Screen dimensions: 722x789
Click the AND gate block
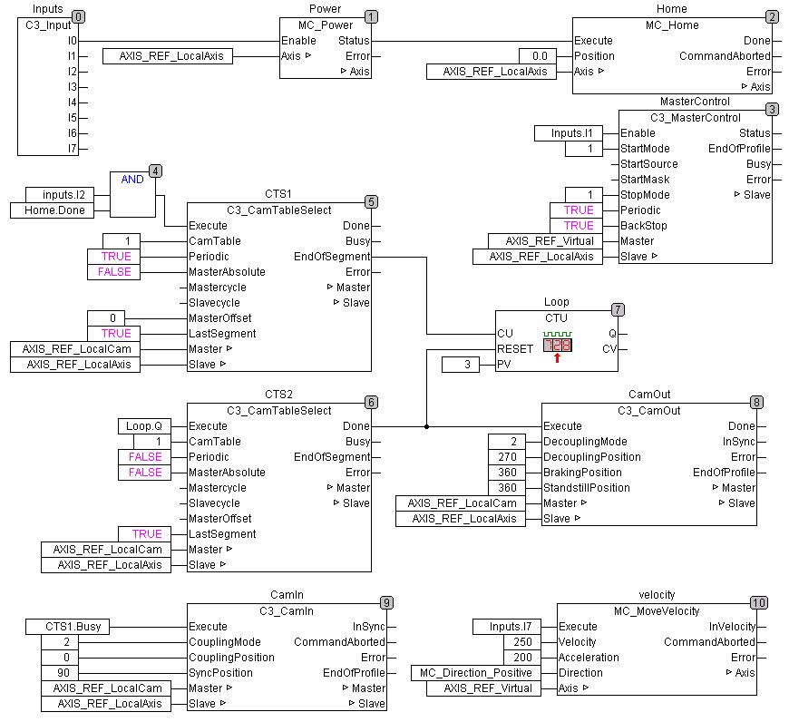pos(132,192)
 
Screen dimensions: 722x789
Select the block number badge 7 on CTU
pos(618,309)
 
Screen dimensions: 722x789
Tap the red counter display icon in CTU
pos(558,346)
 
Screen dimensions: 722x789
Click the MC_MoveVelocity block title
pos(657,610)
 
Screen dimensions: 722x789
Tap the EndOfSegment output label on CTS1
pos(332,257)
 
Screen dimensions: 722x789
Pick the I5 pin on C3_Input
pos(72,118)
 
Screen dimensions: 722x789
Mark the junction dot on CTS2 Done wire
pos(427,426)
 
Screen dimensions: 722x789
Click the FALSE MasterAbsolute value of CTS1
pos(115,272)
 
